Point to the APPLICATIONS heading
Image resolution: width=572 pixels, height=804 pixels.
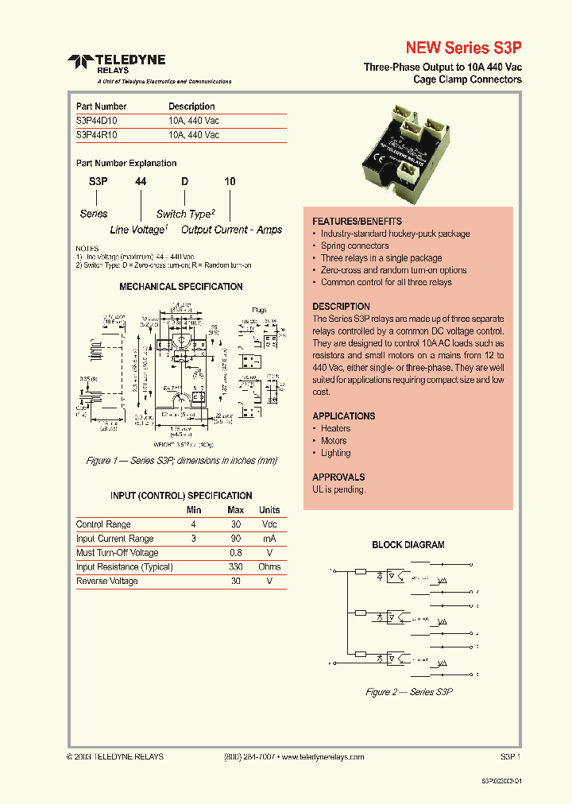(x=343, y=416)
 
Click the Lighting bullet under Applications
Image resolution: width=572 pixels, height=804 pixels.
(x=335, y=453)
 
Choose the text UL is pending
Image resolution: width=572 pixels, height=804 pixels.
(x=339, y=489)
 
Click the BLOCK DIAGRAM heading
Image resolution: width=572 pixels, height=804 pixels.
(x=408, y=545)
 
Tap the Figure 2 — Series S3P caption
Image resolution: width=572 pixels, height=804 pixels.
(x=408, y=692)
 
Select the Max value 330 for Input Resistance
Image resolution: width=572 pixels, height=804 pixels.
(x=235, y=567)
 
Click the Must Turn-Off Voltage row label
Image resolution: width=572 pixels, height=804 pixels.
(x=117, y=553)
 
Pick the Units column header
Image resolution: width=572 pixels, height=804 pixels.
(x=269, y=510)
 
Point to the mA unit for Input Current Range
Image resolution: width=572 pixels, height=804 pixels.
(x=269, y=539)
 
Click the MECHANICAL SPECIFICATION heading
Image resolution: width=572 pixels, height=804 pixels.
(x=180, y=287)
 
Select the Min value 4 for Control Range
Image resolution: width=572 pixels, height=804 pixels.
(x=193, y=524)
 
